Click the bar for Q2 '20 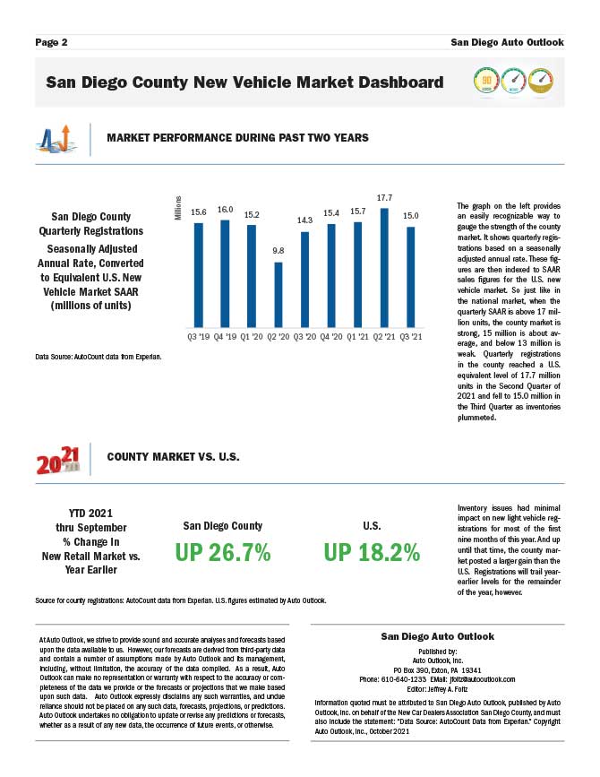(279, 294)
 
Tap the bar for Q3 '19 (199, 274)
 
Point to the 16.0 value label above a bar (225, 209)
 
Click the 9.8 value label (279, 250)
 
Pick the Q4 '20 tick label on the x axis (331, 336)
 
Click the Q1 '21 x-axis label (358, 336)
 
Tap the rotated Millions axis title (178, 207)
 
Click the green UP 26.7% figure (223, 553)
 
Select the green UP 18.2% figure (373, 553)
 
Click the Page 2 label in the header (52, 42)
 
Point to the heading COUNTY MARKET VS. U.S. (173, 457)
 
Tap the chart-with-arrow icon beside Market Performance (55, 139)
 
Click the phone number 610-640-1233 (399, 678)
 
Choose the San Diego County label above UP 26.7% (223, 526)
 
